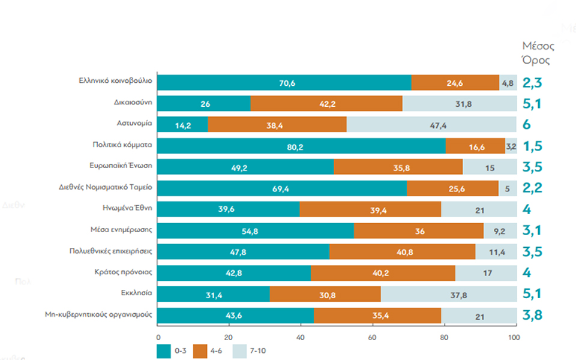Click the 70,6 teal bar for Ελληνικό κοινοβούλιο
[x=284, y=83]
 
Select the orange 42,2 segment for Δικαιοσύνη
[x=326, y=103]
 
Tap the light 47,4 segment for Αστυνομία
[x=431, y=125]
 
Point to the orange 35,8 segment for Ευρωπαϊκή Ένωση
[x=398, y=167]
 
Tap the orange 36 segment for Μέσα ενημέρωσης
[x=418, y=231]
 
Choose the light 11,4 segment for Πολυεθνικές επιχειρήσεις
[x=496, y=252]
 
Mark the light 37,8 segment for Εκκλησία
[x=448, y=294]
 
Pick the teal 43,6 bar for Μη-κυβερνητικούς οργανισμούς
[x=236, y=315]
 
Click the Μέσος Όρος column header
[x=538, y=53]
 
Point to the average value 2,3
[x=532, y=83]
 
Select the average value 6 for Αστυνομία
[x=527, y=125]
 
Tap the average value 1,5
[x=532, y=145]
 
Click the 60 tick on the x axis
[x=372, y=337]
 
